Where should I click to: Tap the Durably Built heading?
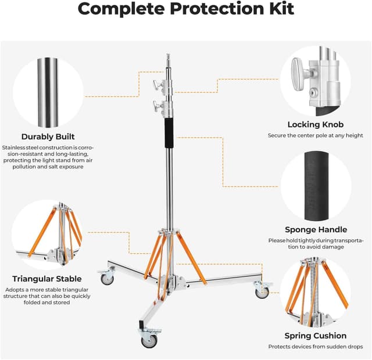pos(48,137)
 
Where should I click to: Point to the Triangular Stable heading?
pos(47,279)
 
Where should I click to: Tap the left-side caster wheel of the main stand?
pos(107,278)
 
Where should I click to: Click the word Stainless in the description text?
pos(15,147)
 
